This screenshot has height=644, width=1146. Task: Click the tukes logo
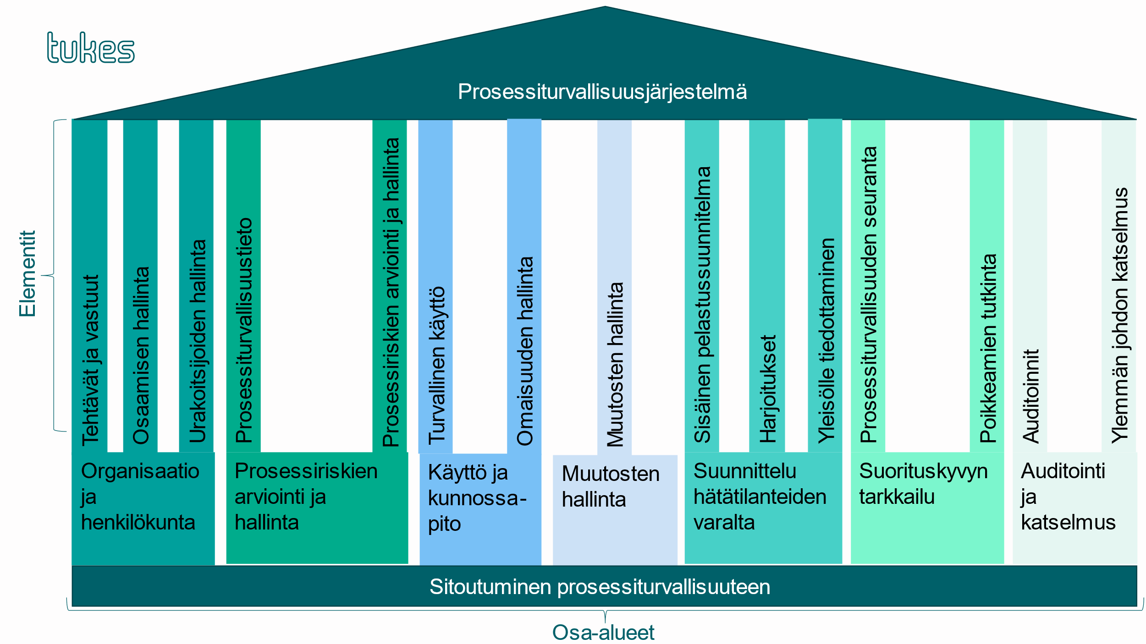click(91, 48)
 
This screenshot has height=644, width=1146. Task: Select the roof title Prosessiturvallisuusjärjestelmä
click(602, 92)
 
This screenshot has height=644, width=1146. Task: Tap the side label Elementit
click(28, 273)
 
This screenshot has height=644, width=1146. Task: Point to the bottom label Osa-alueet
click(603, 633)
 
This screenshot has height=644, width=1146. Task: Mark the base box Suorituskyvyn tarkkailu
click(927, 508)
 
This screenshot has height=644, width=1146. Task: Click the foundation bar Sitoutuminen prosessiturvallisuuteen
click(604, 587)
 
